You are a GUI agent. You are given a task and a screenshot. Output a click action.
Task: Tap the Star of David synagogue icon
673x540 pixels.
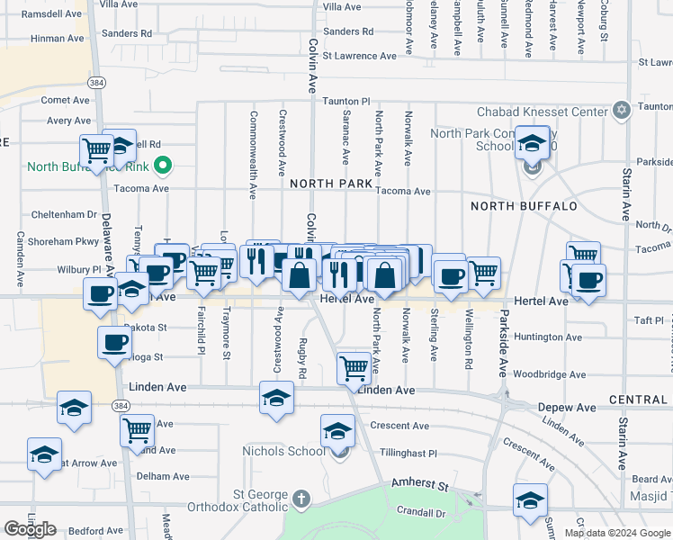pos(619,111)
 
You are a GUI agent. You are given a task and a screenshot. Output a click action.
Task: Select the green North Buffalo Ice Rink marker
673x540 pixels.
pos(163,166)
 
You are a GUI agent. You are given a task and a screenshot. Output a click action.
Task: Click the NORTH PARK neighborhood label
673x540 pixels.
pos(331,184)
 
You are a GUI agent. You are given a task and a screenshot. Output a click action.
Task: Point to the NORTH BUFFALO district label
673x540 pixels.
pos(523,206)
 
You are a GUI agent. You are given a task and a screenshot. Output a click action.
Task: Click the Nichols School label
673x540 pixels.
pos(282,450)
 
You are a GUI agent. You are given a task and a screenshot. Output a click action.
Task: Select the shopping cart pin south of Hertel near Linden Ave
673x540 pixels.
pos(354,366)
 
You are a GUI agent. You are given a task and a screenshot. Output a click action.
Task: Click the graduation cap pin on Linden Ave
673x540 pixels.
pos(276,397)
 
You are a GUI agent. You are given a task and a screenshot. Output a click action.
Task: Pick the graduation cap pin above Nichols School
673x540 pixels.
pos(337,430)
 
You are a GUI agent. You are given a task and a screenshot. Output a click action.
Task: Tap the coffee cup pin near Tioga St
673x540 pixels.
pos(115,344)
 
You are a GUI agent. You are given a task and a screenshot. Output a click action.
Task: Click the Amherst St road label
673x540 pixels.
pos(419,485)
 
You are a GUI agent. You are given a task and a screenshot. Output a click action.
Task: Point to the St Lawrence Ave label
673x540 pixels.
pos(359,56)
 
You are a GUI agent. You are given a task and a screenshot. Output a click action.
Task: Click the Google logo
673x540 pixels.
pos(30,529)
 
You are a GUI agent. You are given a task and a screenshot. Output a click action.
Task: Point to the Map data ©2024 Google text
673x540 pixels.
pos(616,533)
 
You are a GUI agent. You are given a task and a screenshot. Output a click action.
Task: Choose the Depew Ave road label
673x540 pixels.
pos(567,408)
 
